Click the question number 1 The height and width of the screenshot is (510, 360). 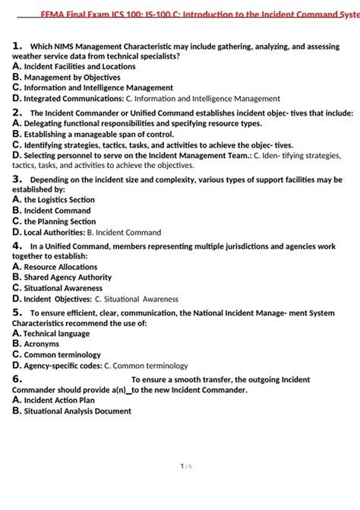(17, 46)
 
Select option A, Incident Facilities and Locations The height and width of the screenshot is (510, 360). (79, 67)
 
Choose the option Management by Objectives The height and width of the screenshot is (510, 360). (71, 78)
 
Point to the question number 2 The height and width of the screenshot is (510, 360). (17, 112)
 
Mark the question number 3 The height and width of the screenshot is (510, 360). (17, 179)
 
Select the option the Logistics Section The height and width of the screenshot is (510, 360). (59, 200)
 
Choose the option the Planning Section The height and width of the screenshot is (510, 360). (59, 222)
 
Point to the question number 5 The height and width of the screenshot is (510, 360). (17, 312)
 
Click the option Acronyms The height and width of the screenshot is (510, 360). (43, 344)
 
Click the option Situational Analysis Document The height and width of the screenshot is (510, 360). (77, 411)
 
